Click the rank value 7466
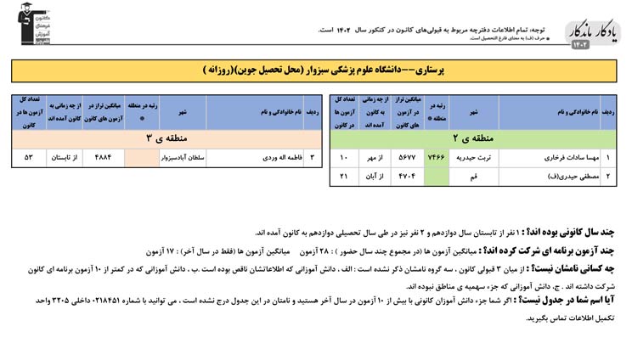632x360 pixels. click(x=437, y=158)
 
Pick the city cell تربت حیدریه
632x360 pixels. click(x=473, y=158)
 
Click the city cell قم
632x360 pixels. click(x=473, y=176)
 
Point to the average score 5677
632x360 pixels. click(x=406, y=158)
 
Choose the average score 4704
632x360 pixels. click(x=406, y=176)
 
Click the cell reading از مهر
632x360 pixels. click(x=375, y=158)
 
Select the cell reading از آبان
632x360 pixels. click(x=375, y=176)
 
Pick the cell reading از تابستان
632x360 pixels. click(x=66, y=157)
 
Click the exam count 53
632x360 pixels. click(x=28, y=157)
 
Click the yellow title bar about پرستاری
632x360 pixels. click(x=315, y=70)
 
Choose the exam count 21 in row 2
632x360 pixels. click(x=344, y=176)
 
